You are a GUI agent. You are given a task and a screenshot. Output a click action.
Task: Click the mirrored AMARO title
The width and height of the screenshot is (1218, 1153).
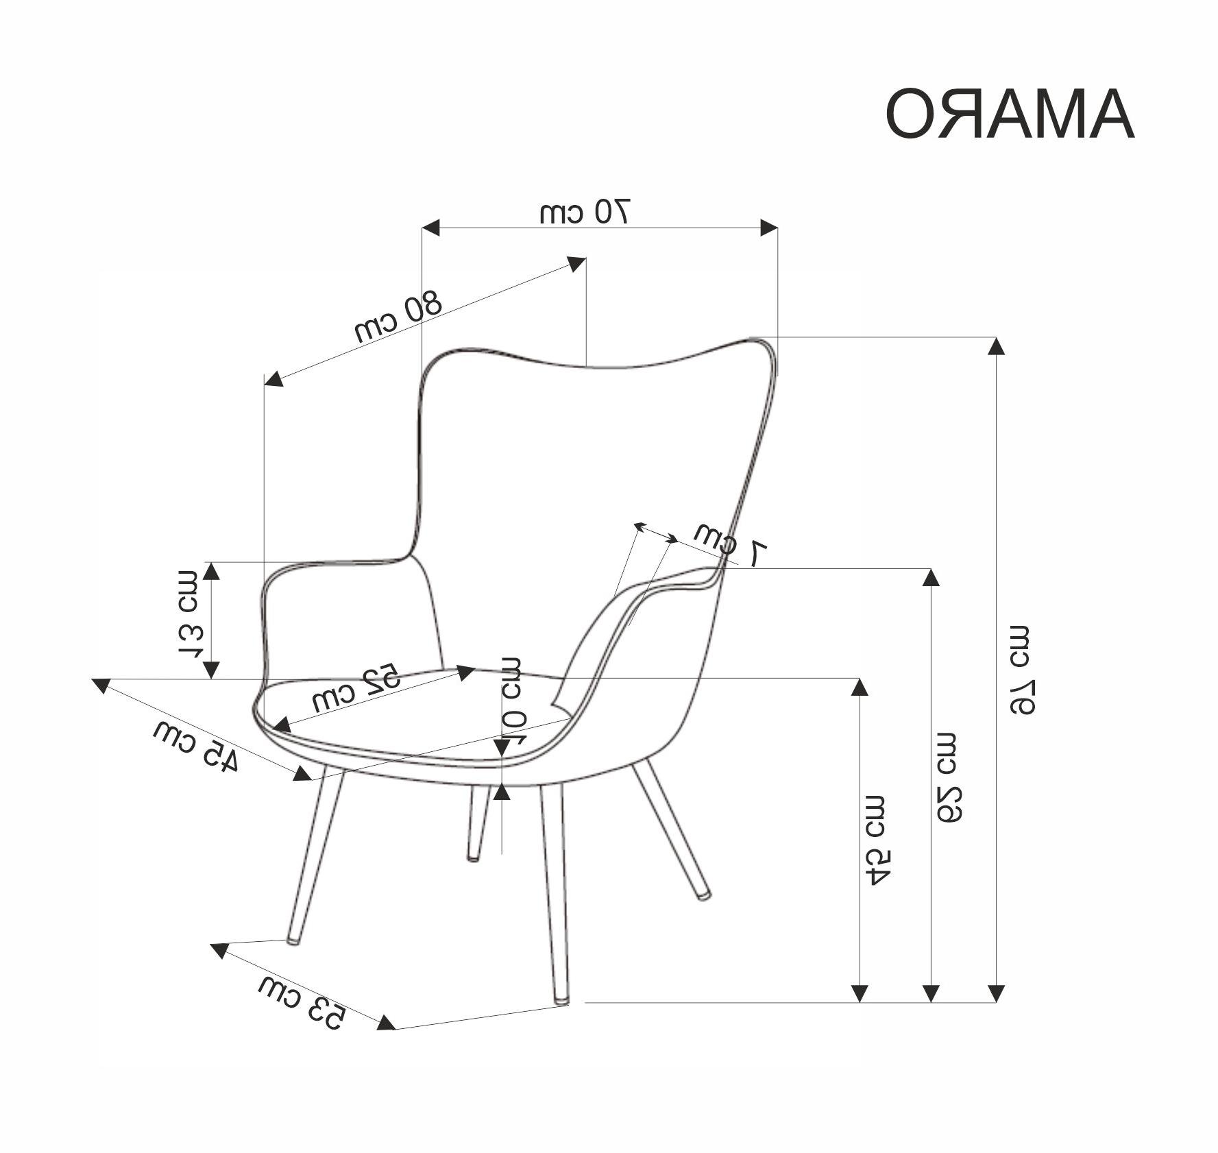point(1010,114)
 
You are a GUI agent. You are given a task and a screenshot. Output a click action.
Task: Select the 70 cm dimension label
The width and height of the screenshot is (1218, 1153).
point(585,212)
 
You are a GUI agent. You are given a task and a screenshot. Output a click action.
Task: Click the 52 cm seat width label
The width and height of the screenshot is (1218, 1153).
point(355,688)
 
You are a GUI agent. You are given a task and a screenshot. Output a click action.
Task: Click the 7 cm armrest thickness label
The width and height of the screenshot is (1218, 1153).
point(731,546)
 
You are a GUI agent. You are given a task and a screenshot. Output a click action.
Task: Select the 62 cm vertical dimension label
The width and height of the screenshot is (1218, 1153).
point(949,776)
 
